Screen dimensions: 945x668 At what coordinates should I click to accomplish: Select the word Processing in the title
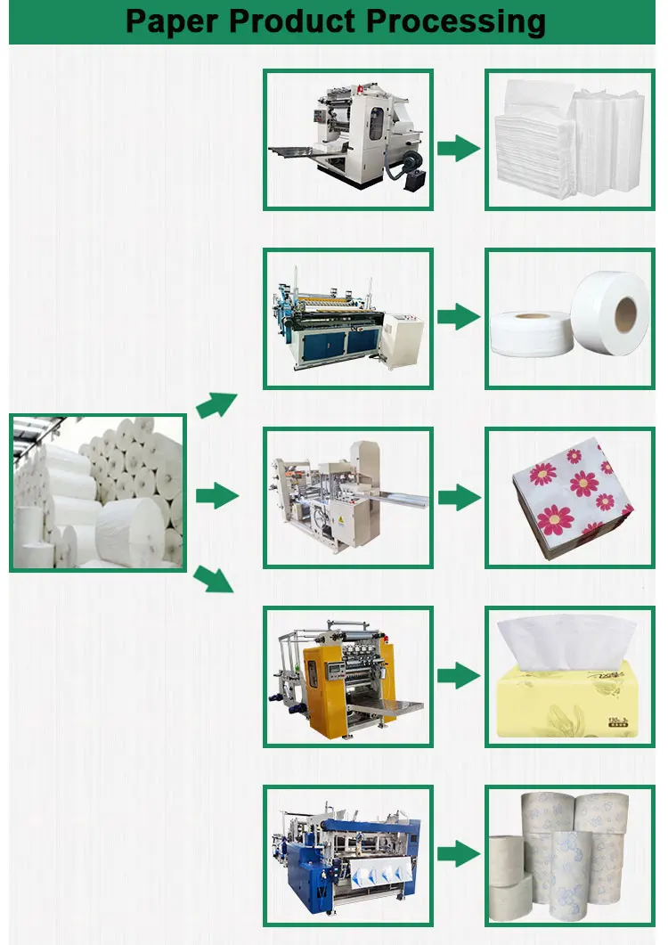tap(468, 20)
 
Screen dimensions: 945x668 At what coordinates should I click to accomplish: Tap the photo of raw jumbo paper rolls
tap(98, 493)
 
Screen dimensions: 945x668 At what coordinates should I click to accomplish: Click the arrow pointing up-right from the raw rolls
tap(216, 405)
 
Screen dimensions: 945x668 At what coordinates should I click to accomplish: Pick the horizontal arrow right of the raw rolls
tap(217, 496)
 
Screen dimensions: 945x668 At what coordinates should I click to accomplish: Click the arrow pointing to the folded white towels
tap(459, 148)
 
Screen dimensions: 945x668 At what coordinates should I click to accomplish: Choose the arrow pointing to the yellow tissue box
tap(459, 676)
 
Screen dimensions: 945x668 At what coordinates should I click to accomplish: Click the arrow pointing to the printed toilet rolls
tap(459, 854)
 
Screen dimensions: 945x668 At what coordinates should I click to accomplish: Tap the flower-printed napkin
tap(573, 499)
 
